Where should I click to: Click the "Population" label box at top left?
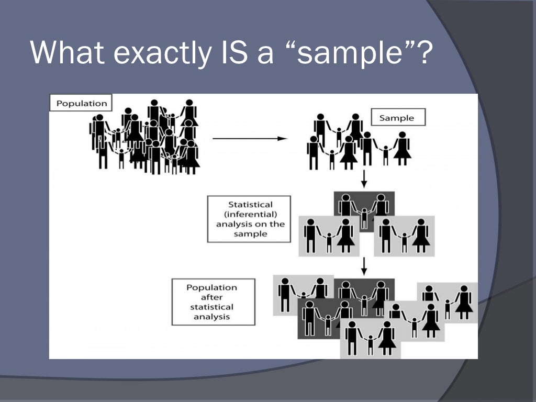pyautogui.click(x=81, y=103)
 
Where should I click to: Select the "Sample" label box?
pyautogui.click(x=396, y=118)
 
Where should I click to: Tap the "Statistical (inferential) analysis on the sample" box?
pyautogui.click(x=250, y=219)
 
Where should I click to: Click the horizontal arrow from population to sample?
pyautogui.click(x=250, y=139)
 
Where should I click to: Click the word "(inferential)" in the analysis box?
pyautogui.click(x=250, y=214)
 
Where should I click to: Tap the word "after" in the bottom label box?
pyautogui.click(x=212, y=297)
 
